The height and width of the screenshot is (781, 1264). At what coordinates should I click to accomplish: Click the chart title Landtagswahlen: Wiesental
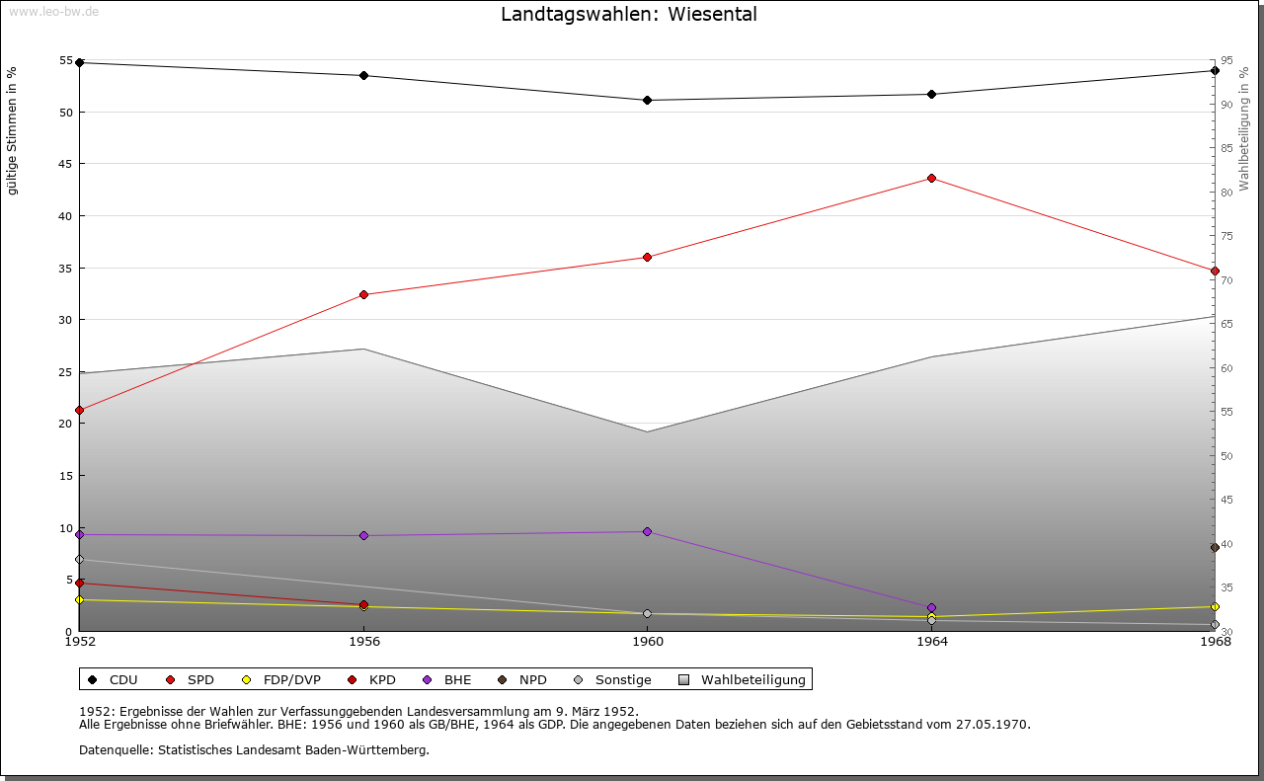click(629, 14)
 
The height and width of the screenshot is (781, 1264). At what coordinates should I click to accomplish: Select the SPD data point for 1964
click(931, 178)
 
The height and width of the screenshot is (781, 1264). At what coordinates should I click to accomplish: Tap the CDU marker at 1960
click(647, 100)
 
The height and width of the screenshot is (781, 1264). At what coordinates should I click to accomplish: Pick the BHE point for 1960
click(647, 531)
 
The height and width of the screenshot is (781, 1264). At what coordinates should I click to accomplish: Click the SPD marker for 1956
click(363, 294)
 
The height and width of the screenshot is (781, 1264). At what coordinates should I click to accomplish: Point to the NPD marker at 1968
click(1215, 547)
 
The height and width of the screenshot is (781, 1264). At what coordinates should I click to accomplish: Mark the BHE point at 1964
click(931, 607)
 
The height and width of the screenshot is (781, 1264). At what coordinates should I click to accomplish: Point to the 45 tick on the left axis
click(66, 164)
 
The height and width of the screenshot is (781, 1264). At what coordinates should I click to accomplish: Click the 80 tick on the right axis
click(1225, 192)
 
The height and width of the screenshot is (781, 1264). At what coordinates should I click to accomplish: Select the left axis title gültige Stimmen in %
click(12, 130)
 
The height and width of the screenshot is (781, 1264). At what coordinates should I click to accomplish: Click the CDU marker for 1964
click(931, 94)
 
